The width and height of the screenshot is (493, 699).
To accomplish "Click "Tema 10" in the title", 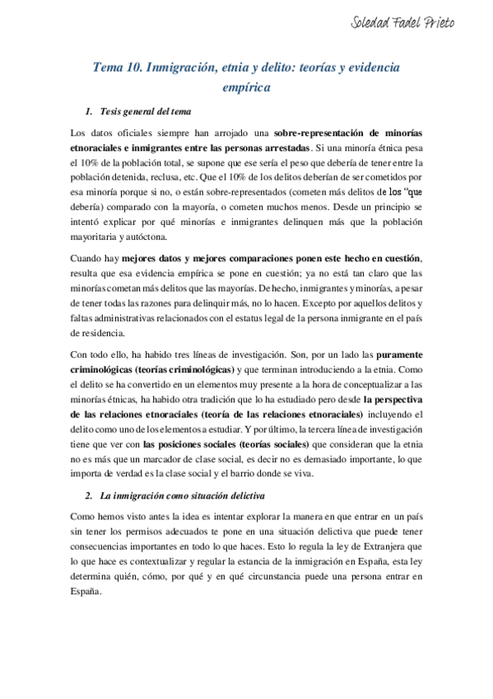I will click(x=118, y=71).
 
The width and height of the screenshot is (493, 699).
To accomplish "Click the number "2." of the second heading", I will click(x=89, y=495).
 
